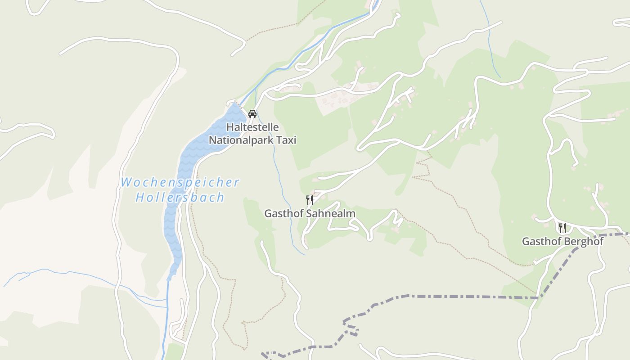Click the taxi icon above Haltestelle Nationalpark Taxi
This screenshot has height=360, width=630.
point(252,113)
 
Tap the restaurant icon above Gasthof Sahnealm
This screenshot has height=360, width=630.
point(310,200)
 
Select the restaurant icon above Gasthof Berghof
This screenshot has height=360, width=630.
point(562,228)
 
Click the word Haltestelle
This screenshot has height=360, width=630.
point(252,127)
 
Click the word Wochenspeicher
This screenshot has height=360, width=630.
point(180,183)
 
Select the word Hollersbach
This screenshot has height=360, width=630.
point(180,198)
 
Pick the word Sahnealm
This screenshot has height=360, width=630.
point(331,213)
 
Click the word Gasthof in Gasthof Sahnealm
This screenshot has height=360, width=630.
point(284,213)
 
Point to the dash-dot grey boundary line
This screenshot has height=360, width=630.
point(450,296)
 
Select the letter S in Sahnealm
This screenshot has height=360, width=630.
point(309,213)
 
